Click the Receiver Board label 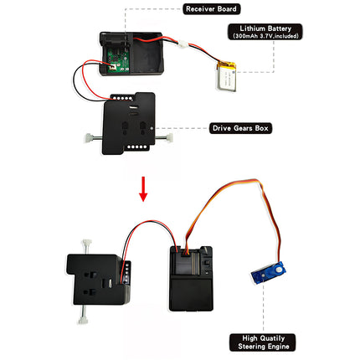[211, 9]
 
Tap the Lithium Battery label [265, 32]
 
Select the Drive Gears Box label [240, 128]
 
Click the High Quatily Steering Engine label [263, 342]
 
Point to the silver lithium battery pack [226, 76]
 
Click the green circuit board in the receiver [118, 61]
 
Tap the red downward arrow [143, 189]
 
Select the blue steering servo [269, 273]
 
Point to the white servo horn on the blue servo [279, 270]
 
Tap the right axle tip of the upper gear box [169, 137]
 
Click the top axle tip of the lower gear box [86, 242]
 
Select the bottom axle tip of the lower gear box [83, 321]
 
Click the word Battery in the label [278, 28]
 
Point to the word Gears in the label [243, 128]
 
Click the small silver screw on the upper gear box [152, 129]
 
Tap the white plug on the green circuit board [112, 67]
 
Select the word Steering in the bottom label [250, 347]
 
